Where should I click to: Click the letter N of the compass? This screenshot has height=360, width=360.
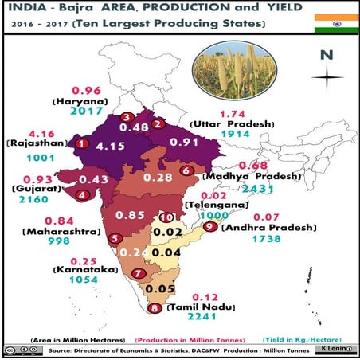pos(326,55)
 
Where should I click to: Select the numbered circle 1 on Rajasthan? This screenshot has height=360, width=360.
pos(80,144)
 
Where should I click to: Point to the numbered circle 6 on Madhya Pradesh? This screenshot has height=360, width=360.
pos(186,170)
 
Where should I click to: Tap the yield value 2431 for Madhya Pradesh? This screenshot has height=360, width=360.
pos(242,188)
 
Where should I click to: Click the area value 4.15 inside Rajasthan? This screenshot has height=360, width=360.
pos(110,147)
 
